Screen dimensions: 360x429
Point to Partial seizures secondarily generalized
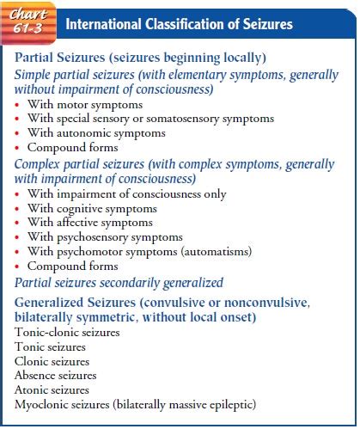(119, 282)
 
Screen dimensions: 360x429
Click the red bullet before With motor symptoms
(18, 104)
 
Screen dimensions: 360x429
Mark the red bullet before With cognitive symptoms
(18, 209)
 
